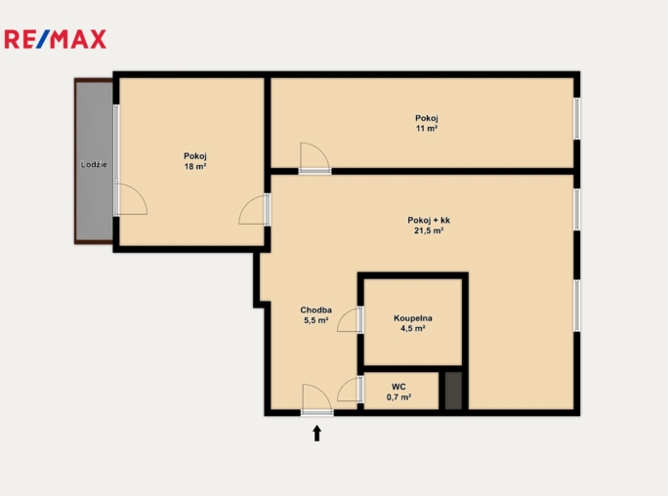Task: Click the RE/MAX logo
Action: [x=56, y=39]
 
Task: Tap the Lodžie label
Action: [x=94, y=164]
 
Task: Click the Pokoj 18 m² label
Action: [x=194, y=156]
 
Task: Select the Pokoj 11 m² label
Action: [x=426, y=118]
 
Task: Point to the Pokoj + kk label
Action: [x=429, y=220]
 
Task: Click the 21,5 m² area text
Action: [x=429, y=231]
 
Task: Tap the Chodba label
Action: [x=315, y=310]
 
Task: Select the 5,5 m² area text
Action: [x=315, y=320]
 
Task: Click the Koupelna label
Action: [x=413, y=318]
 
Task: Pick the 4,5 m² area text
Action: [x=413, y=329]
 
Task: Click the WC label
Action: [x=398, y=386]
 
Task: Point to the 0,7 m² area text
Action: [x=398, y=397]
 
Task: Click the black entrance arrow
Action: [x=316, y=432]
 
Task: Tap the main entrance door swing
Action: [x=316, y=398]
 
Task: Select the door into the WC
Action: [x=350, y=391]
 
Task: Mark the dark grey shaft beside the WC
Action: [x=452, y=391]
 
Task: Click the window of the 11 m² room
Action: [x=576, y=117]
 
